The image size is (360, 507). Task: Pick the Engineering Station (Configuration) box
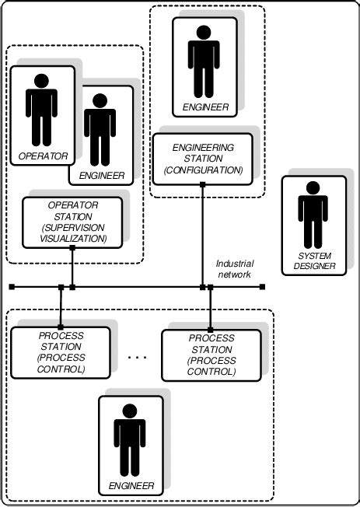[202, 158]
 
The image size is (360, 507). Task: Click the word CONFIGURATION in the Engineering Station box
[202, 170]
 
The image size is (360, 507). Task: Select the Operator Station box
[72, 221]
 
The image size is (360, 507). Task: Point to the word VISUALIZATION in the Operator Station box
[72, 238]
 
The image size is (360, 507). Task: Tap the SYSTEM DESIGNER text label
[315, 261]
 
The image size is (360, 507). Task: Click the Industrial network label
[233, 269]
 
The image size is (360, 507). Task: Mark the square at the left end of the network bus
[12, 288]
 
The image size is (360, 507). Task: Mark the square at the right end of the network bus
[263, 288]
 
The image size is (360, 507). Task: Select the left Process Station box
[61, 352]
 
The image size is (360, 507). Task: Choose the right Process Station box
[211, 355]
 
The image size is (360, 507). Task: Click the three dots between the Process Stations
[137, 357]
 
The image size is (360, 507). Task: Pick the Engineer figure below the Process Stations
[130, 439]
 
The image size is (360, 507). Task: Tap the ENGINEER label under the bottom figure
[131, 485]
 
